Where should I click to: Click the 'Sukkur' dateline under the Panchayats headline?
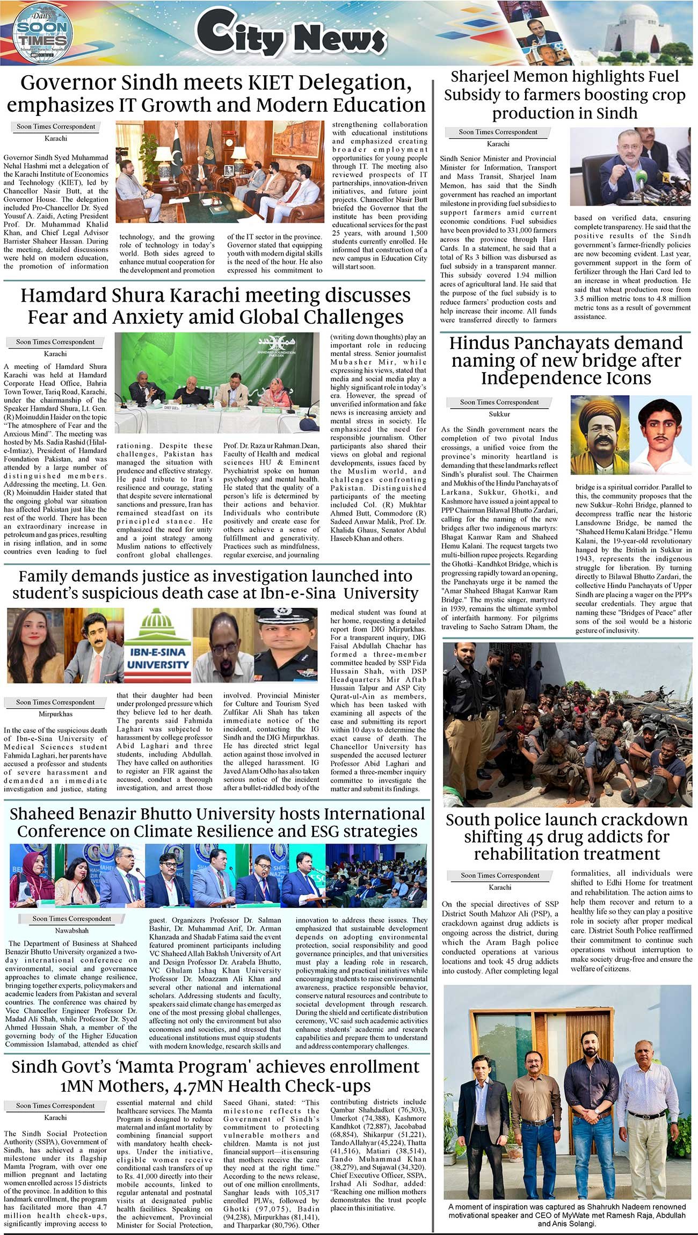[499, 414]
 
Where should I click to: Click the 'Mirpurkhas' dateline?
[55, 714]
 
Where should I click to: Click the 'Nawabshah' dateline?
[71, 930]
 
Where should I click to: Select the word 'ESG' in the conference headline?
[322, 831]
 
